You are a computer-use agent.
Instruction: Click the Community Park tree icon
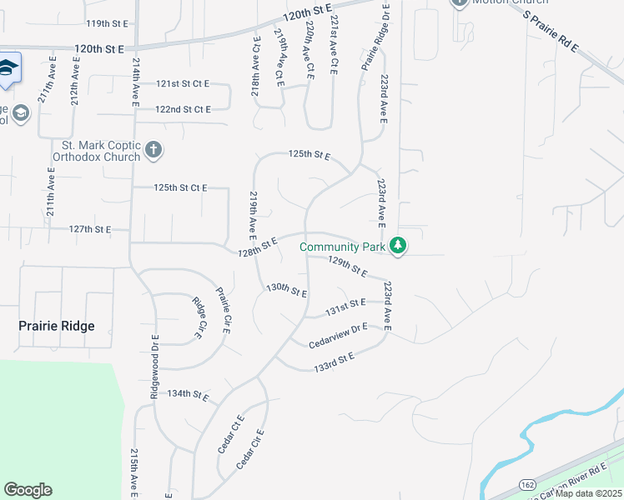pyautogui.click(x=399, y=246)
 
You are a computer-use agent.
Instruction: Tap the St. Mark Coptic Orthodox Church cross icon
pyautogui.click(x=153, y=150)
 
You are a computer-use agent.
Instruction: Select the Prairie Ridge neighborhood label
pyautogui.click(x=57, y=326)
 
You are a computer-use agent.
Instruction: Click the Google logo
pyautogui.click(x=28, y=490)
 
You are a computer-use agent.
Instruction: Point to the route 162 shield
pyautogui.click(x=527, y=483)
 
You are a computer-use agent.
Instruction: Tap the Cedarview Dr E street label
pyautogui.click(x=338, y=336)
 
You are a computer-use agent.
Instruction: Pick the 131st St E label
pyautogui.click(x=345, y=306)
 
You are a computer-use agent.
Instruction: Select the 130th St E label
pyautogui.click(x=287, y=290)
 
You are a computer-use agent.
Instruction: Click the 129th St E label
pyautogui.click(x=347, y=267)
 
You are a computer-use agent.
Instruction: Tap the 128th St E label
pyautogui.click(x=257, y=247)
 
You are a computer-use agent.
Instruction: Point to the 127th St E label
pyautogui.click(x=90, y=228)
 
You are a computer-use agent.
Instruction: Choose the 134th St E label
pyautogui.click(x=188, y=393)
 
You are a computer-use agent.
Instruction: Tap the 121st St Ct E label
pyautogui.click(x=183, y=84)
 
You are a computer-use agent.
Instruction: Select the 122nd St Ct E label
pyautogui.click(x=183, y=109)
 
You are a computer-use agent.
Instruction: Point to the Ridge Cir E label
pyautogui.click(x=199, y=317)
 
